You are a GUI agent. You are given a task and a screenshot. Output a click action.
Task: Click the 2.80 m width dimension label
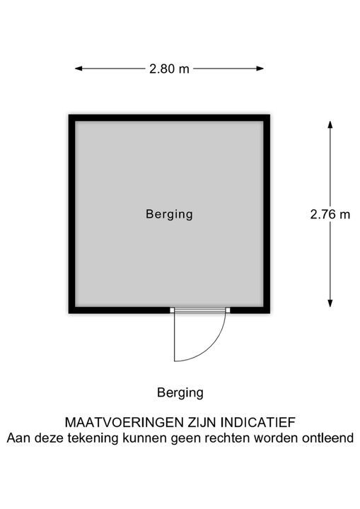(169, 69)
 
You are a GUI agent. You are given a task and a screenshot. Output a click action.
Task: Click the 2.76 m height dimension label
(330, 215)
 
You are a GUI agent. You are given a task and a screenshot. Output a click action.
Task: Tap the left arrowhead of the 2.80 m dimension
(79, 69)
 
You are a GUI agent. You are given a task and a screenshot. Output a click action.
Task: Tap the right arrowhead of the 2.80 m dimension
(260, 69)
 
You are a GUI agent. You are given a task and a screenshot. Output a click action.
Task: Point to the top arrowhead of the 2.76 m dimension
(330, 124)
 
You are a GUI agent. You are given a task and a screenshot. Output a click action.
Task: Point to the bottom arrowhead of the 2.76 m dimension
(330, 303)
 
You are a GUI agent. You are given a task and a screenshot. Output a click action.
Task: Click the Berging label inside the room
(169, 215)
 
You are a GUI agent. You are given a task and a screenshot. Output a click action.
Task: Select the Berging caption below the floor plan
(180, 393)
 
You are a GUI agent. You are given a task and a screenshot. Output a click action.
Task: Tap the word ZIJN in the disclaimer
(202, 423)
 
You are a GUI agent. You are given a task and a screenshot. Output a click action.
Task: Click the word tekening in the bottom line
(93, 438)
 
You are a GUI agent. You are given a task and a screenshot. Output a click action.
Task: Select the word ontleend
(328, 438)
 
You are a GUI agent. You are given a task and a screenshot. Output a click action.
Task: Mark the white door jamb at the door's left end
(172, 310)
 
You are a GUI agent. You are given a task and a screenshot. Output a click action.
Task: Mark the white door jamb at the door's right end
(228, 310)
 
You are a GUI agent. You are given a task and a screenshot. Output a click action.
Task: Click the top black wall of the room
(169, 118)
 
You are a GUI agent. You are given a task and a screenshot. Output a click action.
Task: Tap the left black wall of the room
(72, 214)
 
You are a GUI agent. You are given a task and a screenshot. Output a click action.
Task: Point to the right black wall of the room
(267, 214)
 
